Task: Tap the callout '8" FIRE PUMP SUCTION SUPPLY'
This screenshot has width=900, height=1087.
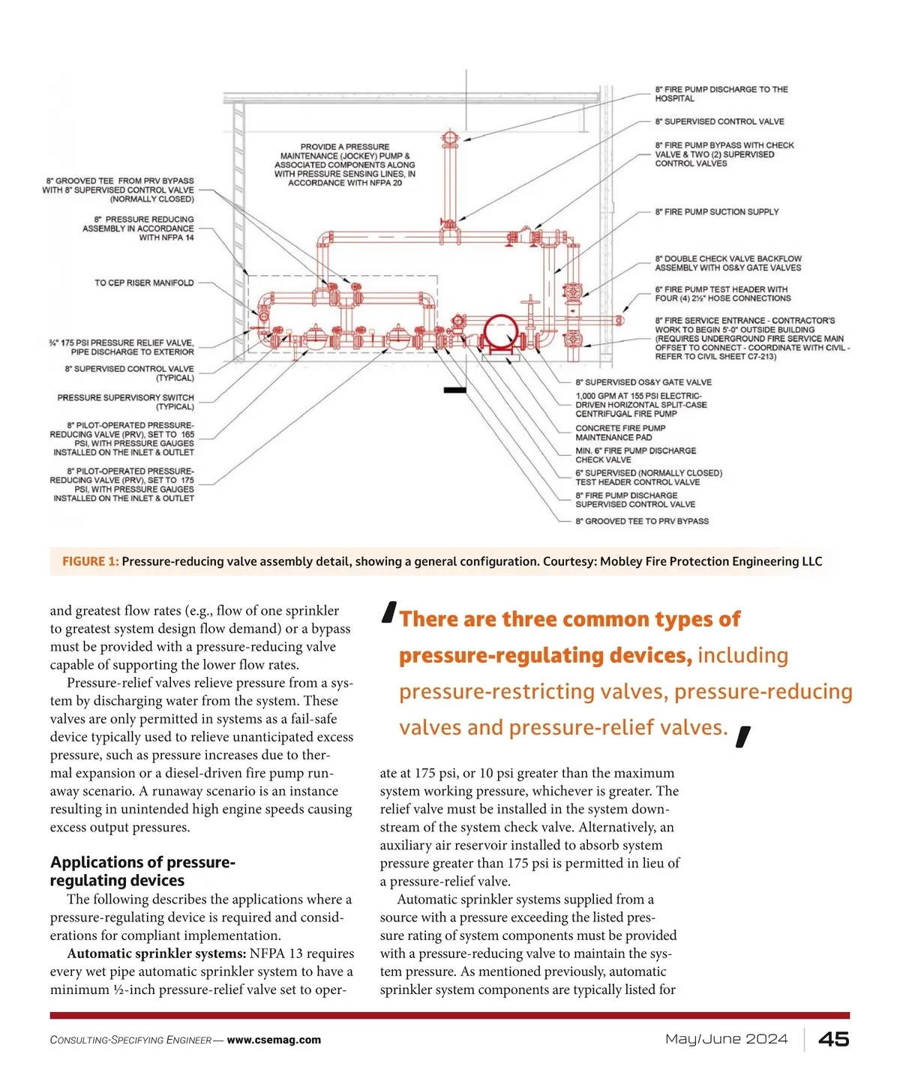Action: point(717,212)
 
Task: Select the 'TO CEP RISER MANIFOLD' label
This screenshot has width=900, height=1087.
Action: point(144,283)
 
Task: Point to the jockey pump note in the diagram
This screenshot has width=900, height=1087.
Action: point(345,164)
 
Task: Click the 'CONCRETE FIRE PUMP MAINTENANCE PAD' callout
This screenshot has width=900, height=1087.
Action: point(620,433)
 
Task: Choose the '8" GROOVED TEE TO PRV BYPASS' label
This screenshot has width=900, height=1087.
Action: point(642,521)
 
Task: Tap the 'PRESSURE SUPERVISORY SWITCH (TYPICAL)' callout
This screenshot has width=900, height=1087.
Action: point(125,402)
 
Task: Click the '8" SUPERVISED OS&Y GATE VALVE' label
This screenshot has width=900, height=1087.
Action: point(643,382)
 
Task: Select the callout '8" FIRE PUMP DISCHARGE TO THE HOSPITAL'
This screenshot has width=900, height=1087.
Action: point(721,94)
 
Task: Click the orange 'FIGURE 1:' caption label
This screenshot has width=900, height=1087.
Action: point(91,561)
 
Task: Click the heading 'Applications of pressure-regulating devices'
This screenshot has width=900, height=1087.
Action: point(142,871)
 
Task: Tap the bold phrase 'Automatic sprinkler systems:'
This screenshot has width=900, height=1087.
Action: point(156,954)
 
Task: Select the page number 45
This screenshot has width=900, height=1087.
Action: point(833,1039)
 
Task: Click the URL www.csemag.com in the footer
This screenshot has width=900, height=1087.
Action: point(274,1040)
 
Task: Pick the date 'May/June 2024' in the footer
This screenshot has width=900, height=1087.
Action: point(726,1039)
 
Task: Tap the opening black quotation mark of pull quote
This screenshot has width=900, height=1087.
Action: point(389,612)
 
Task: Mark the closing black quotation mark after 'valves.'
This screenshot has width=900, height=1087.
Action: point(743,737)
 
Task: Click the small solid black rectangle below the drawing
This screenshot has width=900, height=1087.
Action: point(454,389)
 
